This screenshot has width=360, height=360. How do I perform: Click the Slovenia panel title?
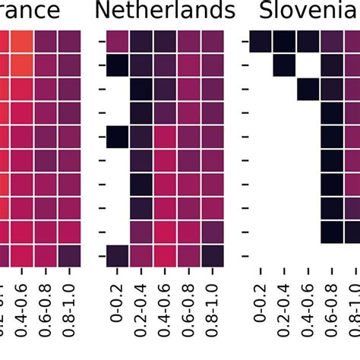point(308,11)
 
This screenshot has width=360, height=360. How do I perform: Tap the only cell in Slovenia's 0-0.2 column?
point(261,42)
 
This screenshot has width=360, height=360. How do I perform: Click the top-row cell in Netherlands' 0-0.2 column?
point(117,42)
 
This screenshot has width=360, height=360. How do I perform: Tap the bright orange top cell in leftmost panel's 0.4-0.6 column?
point(22,42)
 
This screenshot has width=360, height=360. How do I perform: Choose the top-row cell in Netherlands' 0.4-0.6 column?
point(165,42)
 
